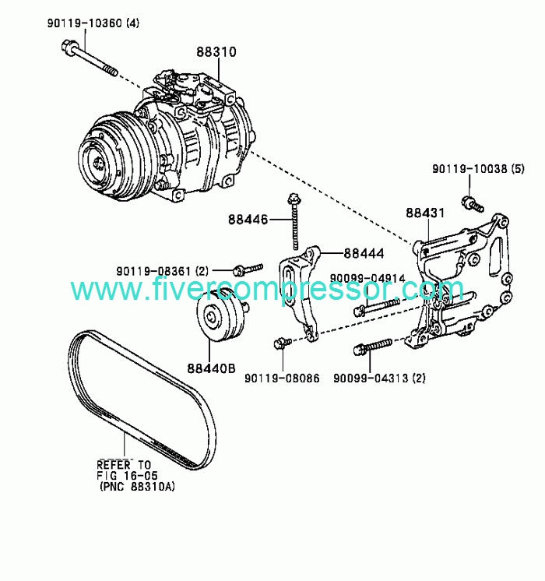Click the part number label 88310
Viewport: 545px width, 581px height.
click(216, 52)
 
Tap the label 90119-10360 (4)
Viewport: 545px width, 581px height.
click(93, 23)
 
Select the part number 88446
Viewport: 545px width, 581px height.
click(248, 220)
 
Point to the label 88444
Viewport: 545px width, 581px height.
click(364, 253)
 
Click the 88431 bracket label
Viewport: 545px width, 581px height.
click(425, 213)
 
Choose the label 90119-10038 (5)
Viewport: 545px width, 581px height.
click(478, 169)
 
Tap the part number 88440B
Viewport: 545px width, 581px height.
click(211, 368)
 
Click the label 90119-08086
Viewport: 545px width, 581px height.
click(282, 378)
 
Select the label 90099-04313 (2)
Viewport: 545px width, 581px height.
click(379, 378)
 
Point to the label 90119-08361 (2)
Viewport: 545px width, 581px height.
click(163, 271)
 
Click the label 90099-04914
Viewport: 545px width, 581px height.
click(368, 278)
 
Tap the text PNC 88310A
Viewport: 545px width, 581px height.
click(136, 486)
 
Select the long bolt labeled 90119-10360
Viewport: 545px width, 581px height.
click(89, 58)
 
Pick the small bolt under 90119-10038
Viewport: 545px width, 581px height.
click(473, 203)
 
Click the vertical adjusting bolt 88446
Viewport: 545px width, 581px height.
click(294, 222)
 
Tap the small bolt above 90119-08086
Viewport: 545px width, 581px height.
click(283, 343)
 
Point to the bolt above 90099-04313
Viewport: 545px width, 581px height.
click(372, 346)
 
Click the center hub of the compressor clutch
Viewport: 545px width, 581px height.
click(99, 162)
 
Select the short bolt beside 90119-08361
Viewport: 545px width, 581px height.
click(248, 269)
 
